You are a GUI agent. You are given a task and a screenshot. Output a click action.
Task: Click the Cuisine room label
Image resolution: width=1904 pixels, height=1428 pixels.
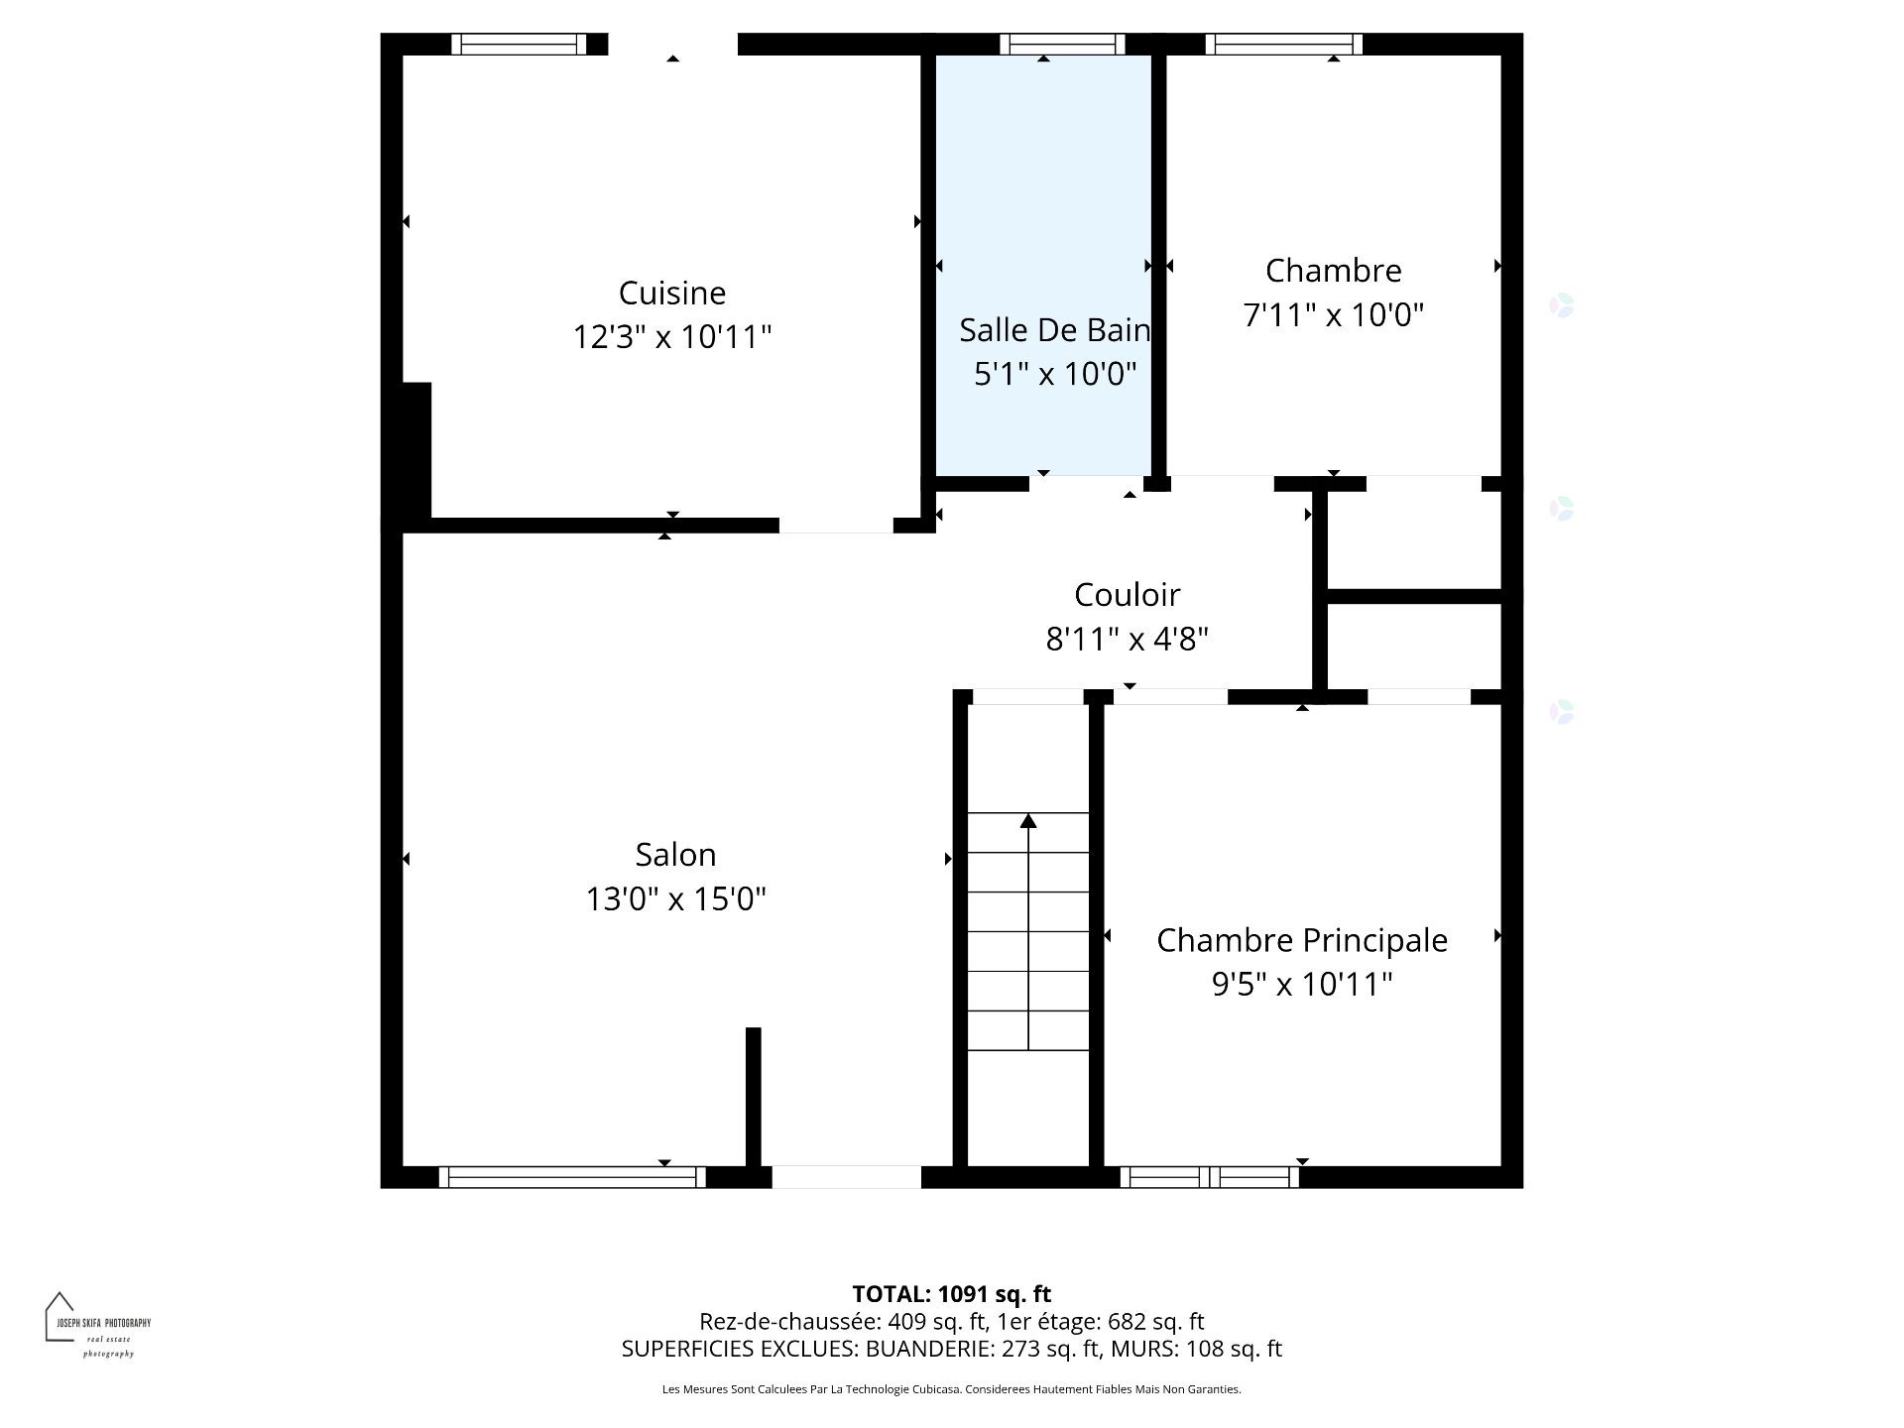(x=671, y=293)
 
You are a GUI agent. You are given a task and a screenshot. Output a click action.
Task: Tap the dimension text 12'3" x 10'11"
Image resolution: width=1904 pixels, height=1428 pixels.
(x=671, y=337)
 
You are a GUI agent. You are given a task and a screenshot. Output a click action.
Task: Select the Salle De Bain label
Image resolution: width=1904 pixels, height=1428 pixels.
(x=1053, y=330)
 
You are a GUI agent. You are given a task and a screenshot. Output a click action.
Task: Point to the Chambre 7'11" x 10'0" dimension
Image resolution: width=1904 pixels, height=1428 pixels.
(x=1333, y=315)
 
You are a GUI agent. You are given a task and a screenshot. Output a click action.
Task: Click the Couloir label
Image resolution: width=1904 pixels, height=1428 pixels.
(x=1127, y=595)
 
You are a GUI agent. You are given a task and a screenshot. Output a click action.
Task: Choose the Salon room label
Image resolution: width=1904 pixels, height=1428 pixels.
(x=675, y=855)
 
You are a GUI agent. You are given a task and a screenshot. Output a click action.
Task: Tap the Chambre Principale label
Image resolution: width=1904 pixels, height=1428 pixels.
(x=1301, y=940)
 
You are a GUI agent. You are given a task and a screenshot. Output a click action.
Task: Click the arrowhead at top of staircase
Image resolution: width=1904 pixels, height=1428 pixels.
(x=1028, y=821)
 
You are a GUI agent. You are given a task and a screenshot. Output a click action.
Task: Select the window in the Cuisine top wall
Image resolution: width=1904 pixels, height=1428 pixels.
(x=519, y=45)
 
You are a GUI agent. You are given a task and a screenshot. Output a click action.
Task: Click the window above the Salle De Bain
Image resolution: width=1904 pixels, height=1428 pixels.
(x=1061, y=45)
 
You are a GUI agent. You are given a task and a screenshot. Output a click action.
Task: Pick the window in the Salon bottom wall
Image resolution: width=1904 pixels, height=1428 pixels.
(x=572, y=1177)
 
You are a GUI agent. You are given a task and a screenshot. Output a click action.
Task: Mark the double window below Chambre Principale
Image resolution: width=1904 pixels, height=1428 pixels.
(x=1209, y=1177)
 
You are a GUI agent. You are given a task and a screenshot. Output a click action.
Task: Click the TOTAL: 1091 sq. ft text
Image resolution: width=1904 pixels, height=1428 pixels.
(x=951, y=1294)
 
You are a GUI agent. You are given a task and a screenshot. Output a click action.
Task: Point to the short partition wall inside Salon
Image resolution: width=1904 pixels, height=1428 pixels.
(x=753, y=1096)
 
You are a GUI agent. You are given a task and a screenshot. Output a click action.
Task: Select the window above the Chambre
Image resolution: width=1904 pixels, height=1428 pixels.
(x=1283, y=45)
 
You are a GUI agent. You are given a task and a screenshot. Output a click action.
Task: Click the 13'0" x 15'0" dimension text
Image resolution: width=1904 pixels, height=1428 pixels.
(x=675, y=899)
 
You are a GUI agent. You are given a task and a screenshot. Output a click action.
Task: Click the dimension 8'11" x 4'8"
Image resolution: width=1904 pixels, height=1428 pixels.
(x=1127, y=640)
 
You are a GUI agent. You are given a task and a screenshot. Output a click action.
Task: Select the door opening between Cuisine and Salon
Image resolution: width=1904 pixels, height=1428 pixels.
(x=836, y=526)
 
